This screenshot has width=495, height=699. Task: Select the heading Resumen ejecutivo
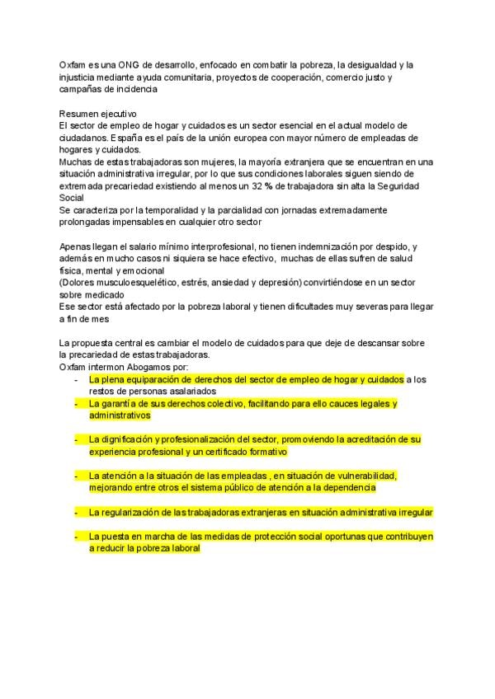[x=99, y=112]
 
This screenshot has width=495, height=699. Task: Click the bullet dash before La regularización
[x=75, y=513]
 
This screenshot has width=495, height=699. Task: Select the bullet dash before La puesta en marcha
[x=75, y=536]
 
